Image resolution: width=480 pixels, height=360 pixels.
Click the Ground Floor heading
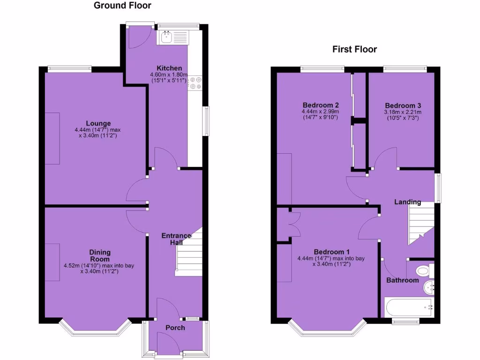(x=122, y=6)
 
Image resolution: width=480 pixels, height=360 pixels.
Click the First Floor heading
(x=354, y=49)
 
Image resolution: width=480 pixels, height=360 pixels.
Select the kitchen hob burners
(x=195, y=82)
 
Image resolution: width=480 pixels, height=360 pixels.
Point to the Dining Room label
(x=99, y=255)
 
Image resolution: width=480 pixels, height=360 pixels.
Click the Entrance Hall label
(x=176, y=239)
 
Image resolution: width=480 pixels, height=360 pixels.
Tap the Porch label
(x=175, y=328)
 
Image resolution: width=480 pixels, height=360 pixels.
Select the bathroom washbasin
(x=429, y=286)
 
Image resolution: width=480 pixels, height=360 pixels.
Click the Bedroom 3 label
(x=400, y=105)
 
